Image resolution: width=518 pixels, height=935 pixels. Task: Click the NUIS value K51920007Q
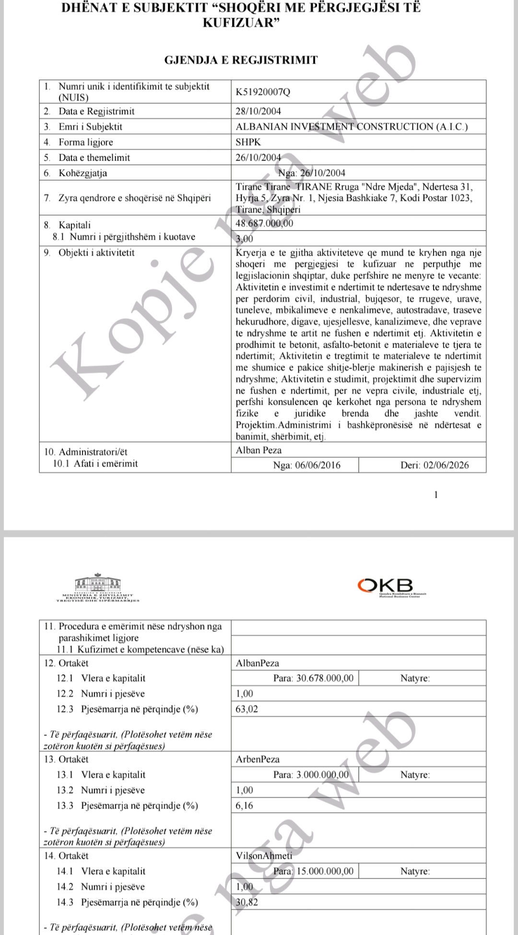(263, 92)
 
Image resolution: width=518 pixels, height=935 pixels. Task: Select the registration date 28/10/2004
(258, 111)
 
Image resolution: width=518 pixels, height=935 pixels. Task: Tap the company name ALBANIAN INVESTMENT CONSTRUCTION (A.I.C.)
(352, 127)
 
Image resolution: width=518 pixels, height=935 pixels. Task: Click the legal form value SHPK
(248, 142)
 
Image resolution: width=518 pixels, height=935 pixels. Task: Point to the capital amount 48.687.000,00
(264, 223)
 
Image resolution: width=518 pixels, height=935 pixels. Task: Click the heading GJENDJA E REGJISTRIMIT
(241, 60)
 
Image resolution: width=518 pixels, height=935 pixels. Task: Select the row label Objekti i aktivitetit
(96, 253)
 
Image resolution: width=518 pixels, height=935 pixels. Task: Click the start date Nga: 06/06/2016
(306, 465)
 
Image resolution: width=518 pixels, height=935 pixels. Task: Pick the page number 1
(436, 495)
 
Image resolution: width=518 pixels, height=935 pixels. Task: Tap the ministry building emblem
(98, 586)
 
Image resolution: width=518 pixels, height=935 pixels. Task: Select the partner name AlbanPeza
(257, 663)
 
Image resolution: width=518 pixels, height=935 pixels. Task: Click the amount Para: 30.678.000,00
(313, 678)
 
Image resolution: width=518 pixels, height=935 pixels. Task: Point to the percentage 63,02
(247, 709)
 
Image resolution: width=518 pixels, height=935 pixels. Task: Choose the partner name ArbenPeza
(258, 760)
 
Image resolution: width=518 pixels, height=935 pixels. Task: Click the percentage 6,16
(244, 806)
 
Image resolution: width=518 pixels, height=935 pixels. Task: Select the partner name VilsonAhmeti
(264, 856)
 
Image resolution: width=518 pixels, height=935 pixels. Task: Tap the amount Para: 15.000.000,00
(313, 871)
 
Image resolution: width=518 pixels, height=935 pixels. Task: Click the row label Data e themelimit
(94, 157)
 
